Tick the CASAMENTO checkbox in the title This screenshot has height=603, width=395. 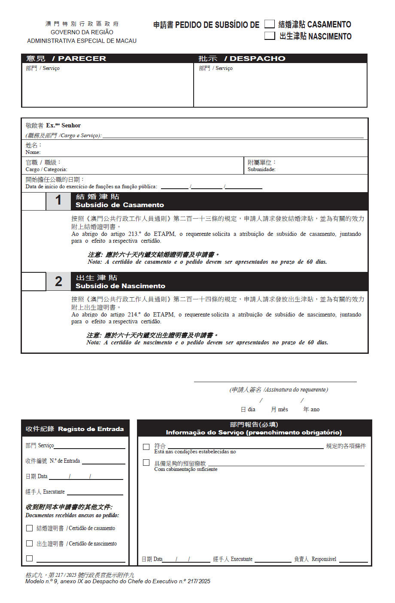tap(269, 24)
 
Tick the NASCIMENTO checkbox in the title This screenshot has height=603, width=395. tap(269, 36)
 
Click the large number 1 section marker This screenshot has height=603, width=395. tap(58, 200)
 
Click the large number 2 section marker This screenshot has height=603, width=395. tap(58, 281)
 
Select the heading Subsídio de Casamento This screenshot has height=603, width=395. tap(119, 205)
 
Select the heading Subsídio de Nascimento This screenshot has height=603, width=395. tap(120, 286)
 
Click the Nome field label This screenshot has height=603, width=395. tap(33, 152)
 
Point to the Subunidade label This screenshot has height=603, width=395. tap(261, 169)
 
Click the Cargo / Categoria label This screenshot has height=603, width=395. tap(46, 169)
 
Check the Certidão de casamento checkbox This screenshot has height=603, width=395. tap(30, 528)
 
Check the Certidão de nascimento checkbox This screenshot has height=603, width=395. tap(30, 543)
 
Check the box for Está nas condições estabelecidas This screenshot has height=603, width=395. tap(146, 446)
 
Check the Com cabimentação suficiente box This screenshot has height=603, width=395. tap(146, 462)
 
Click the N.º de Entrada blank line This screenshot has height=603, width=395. tap(103, 462)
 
